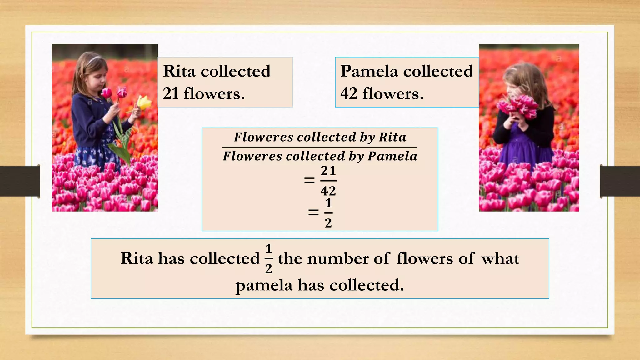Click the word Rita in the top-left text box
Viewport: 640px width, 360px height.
click(x=179, y=71)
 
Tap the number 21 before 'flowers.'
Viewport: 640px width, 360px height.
click(x=170, y=93)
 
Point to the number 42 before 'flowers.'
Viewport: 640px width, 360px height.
click(x=349, y=93)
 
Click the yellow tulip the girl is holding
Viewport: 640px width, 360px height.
click(x=144, y=102)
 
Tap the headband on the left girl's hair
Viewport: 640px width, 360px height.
click(x=93, y=59)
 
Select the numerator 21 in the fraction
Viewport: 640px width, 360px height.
click(x=328, y=171)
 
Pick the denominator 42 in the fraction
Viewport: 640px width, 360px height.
click(x=328, y=191)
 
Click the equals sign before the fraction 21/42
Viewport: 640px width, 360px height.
click(x=309, y=180)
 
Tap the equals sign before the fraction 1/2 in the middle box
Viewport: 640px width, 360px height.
click(x=313, y=213)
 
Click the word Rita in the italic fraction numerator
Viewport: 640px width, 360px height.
click(x=392, y=137)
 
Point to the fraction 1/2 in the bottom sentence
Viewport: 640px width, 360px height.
click(x=268, y=259)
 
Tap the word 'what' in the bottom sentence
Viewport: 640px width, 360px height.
click(x=500, y=259)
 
